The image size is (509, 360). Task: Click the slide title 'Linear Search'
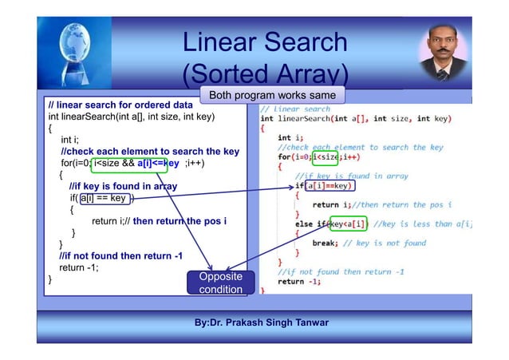tap(264, 42)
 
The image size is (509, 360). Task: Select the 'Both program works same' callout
tap(272, 96)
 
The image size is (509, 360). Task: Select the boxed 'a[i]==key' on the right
tap(329, 186)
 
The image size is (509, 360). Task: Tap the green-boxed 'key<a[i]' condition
tap(348, 224)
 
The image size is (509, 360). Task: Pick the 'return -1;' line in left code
tap(77, 267)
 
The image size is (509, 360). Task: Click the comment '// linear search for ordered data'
tap(120, 105)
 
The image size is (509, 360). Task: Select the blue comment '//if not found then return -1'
tap(121, 255)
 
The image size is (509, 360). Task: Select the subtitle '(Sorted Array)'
tap(264, 74)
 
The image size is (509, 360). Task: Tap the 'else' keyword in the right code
tap(304, 224)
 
